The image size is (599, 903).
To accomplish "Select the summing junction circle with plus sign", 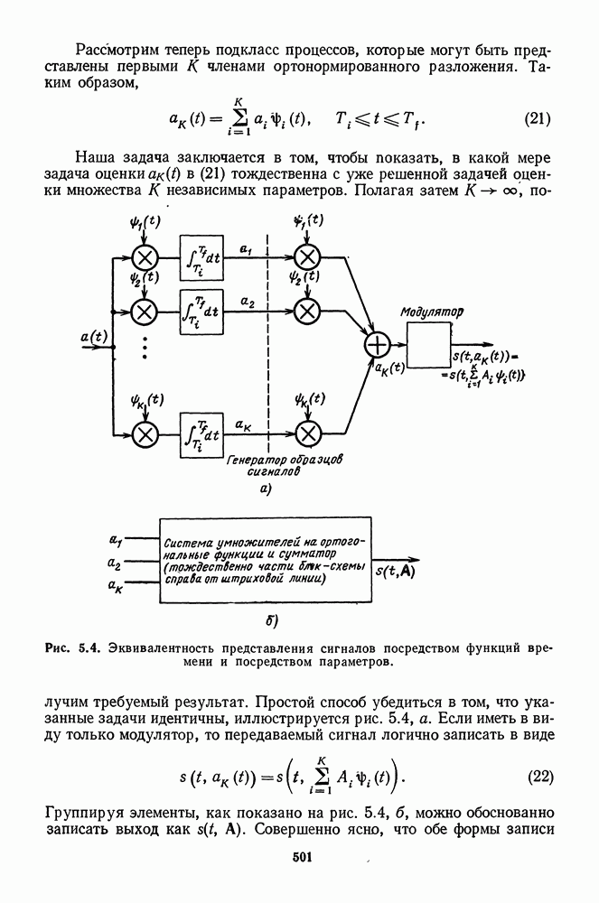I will click(x=375, y=345).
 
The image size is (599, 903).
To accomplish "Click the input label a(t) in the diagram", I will click(x=93, y=337).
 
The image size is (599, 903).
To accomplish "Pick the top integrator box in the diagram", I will click(x=202, y=258).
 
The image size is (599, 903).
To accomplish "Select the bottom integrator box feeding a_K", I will click(x=202, y=434).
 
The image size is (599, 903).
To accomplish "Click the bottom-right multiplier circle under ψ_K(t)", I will click(x=308, y=434).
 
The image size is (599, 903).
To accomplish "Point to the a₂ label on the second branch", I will click(x=247, y=299).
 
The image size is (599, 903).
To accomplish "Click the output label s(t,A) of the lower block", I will click(x=394, y=570).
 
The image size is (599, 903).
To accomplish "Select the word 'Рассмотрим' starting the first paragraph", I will click(x=117, y=47).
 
